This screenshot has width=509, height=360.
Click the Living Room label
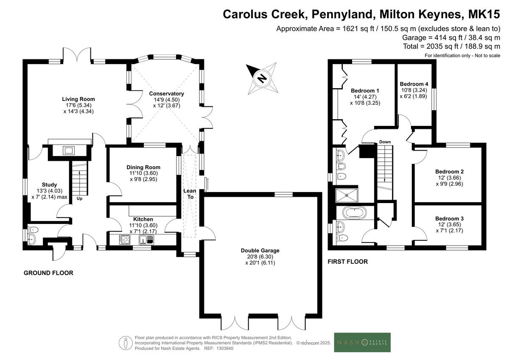78,99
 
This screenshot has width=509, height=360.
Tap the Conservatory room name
167,94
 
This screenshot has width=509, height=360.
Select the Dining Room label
143,167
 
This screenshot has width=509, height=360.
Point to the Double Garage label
260,251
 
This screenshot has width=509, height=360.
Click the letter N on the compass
262,78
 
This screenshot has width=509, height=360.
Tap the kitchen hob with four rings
125,240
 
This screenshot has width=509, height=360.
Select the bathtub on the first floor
355,213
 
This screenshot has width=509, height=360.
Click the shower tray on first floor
347,195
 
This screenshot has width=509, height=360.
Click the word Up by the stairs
79,198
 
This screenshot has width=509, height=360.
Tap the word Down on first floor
385,142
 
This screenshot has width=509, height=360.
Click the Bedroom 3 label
450,218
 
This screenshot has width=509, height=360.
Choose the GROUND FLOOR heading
48,273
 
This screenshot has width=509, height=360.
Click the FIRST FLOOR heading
348,262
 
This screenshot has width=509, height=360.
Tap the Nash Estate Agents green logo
362,343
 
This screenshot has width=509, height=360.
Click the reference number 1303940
224,349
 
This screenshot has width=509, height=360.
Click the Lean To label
190,194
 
